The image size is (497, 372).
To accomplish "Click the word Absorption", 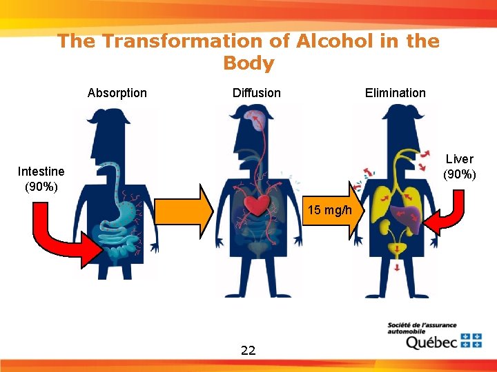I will (117, 93).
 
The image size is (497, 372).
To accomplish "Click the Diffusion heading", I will (257, 93).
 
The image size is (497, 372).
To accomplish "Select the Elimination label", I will (396, 93).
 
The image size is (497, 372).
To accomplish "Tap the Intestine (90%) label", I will (41, 178).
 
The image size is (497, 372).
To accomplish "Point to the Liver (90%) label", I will (459, 166).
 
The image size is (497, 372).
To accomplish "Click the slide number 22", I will (248, 350).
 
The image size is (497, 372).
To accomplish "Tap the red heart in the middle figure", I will (258, 205).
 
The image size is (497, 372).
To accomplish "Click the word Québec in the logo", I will (431, 342).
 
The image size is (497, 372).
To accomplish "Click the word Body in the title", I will (248, 63).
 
